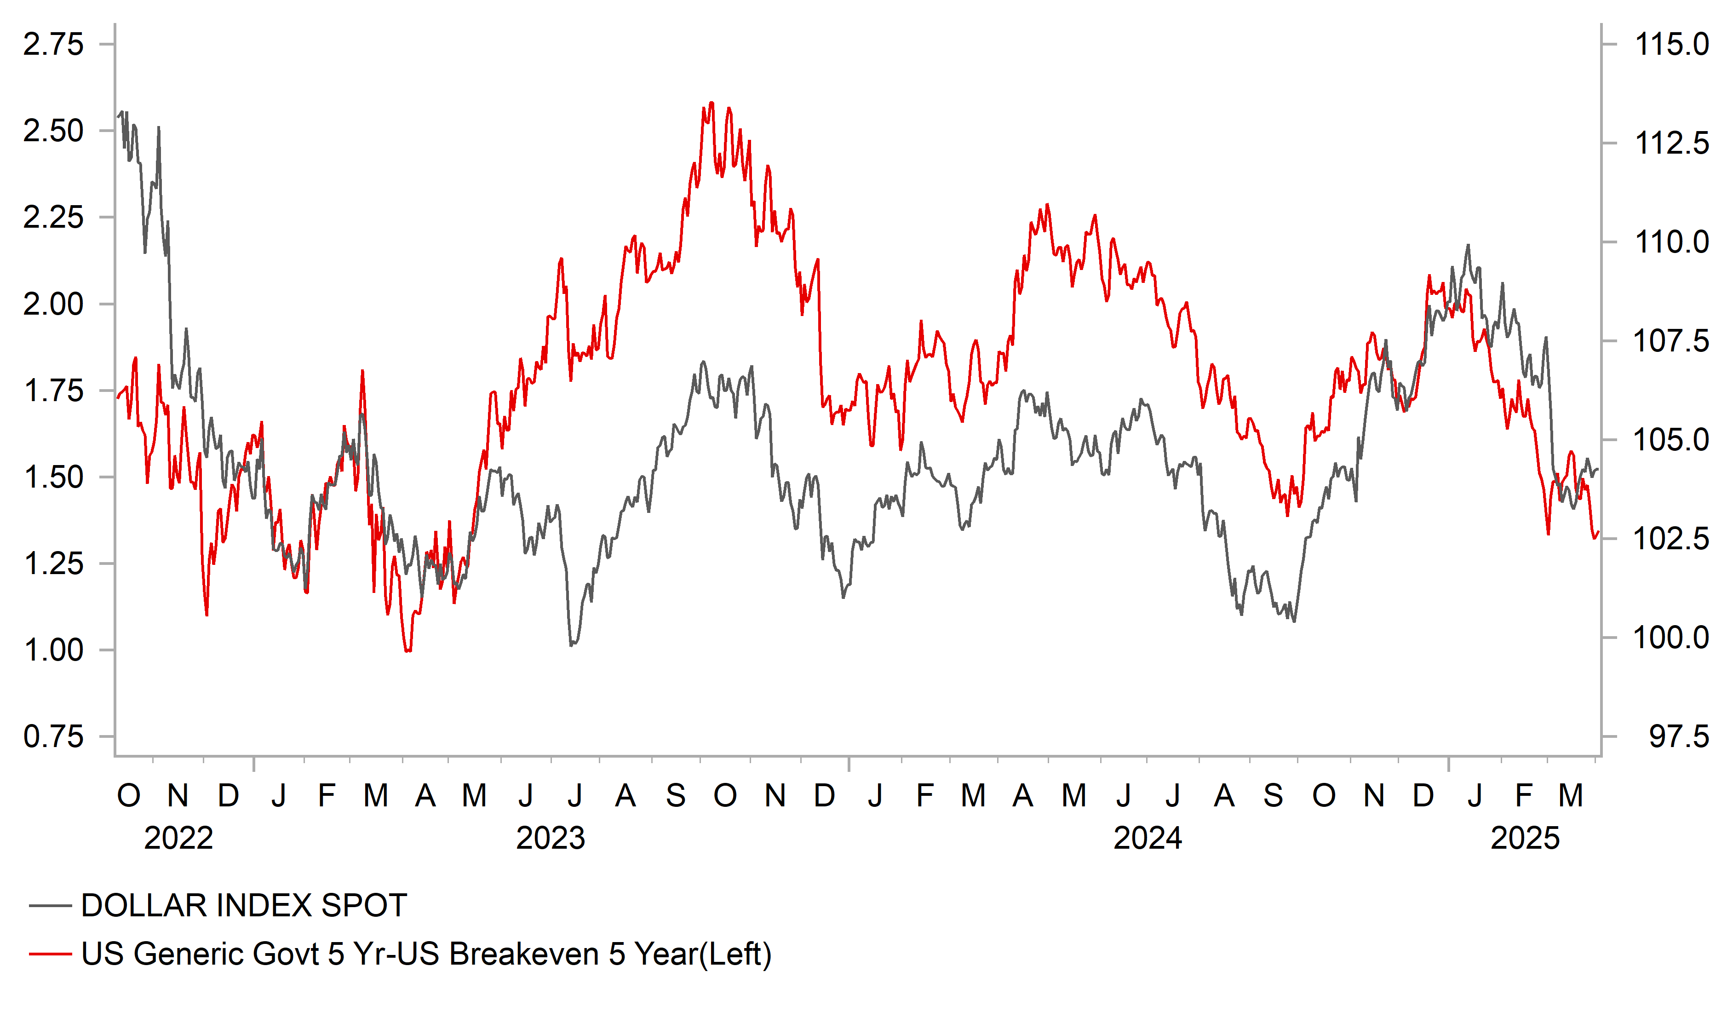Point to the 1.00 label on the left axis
coord(54,650)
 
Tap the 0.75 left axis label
coord(54,737)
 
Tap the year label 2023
coord(550,838)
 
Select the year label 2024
coord(1147,838)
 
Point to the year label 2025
coord(1525,838)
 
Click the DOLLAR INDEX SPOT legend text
coord(244,905)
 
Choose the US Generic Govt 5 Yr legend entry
coord(426,954)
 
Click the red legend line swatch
coord(50,954)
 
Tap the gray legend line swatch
coord(50,905)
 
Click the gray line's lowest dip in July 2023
coord(572,644)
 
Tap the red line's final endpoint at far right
coord(1597,532)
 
